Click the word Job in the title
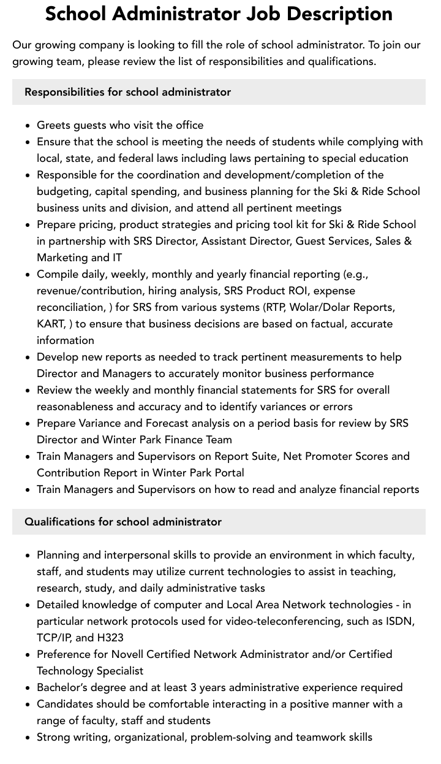268,13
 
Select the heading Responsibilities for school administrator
127,92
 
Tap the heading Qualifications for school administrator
123,522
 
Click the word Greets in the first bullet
53,125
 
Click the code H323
110,638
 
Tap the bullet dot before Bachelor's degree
28,688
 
